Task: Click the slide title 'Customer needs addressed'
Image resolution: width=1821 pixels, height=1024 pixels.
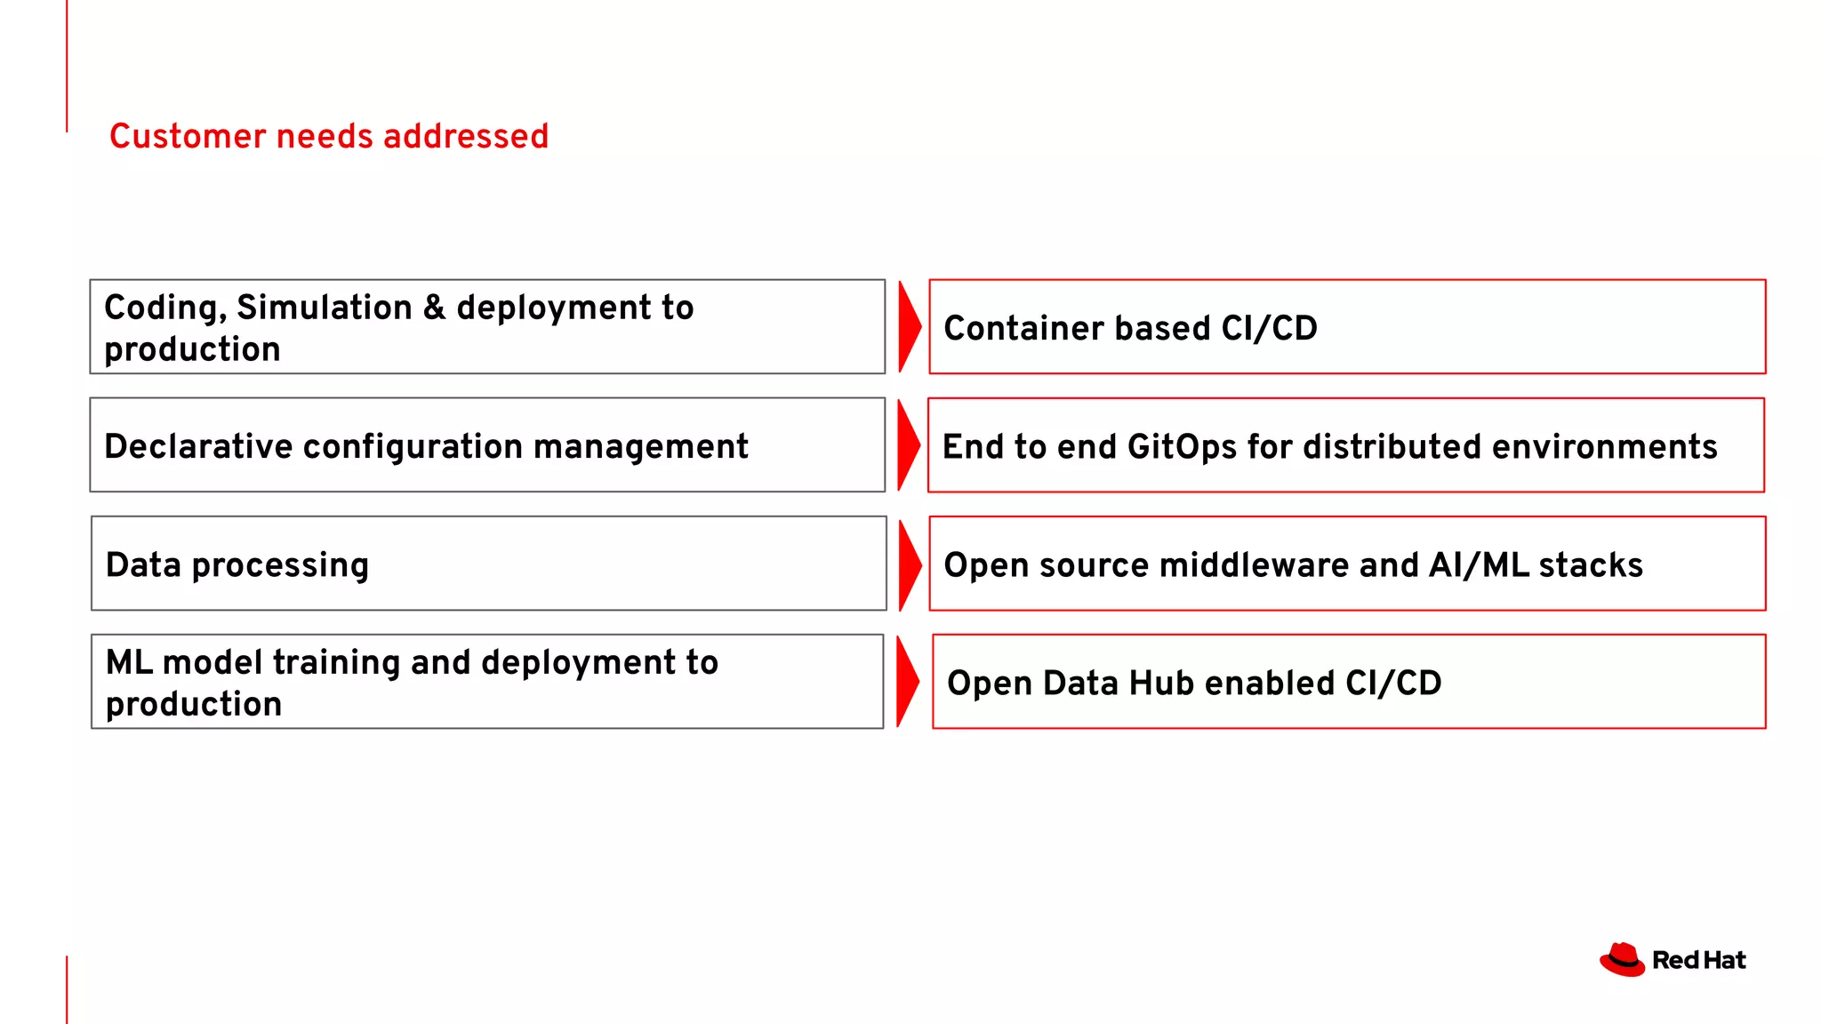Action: [x=328, y=136]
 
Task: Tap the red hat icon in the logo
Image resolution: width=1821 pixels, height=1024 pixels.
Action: [x=1622, y=960]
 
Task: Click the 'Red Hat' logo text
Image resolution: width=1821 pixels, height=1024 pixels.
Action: [x=1698, y=960]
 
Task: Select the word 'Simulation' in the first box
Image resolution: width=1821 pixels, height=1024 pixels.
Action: [x=325, y=308]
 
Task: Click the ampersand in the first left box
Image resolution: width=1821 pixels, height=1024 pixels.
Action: [x=434, y=308]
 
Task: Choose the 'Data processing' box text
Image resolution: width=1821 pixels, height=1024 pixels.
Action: [x=237, y=565]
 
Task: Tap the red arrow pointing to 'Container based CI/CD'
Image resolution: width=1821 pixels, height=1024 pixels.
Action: [x=909, y=327]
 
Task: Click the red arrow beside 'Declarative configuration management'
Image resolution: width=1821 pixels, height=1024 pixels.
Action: [x=908, y=445]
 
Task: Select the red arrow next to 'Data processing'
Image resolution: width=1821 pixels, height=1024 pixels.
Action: [x=909, y=564]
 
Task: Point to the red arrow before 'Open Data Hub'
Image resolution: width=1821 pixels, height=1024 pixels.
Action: [x=907, y=682]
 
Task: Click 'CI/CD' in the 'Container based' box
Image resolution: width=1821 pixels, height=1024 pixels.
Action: [x=1269, y=328]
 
